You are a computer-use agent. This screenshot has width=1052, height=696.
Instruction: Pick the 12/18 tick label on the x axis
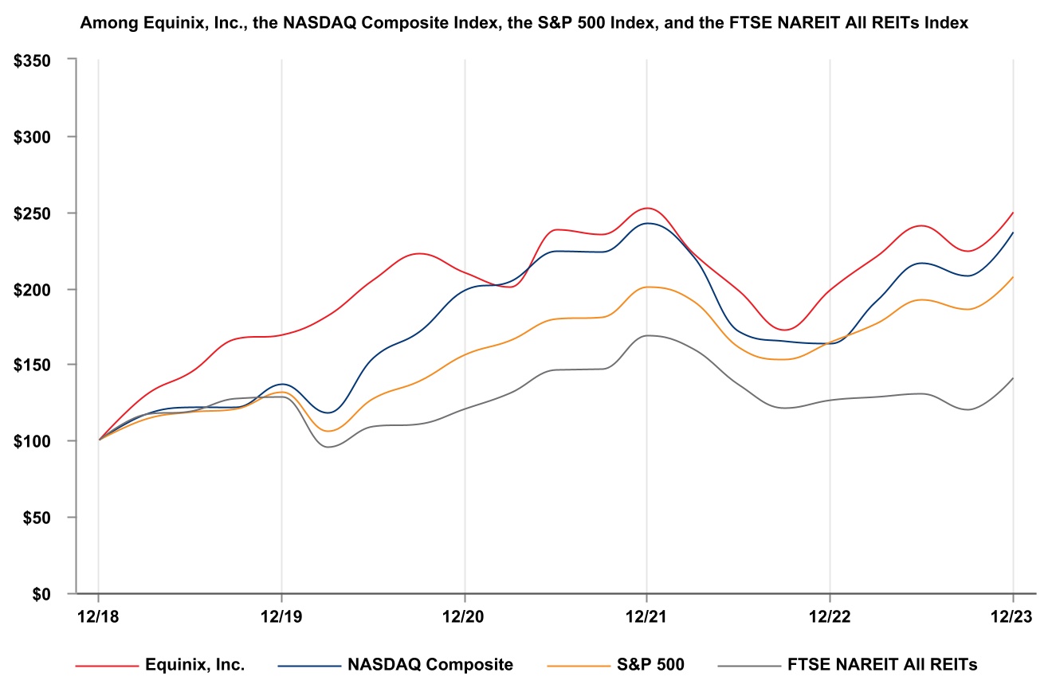tap(98, 618)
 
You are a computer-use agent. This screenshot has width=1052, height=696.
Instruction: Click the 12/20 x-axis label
tap(464, 618)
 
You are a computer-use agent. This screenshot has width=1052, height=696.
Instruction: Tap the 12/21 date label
tap(646, 618)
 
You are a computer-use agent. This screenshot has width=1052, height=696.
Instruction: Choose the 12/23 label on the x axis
tap(1012, 618)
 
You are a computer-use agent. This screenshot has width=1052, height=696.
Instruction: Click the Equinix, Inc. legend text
tap(195, 665)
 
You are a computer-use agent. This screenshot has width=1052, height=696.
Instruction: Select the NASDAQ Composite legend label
tap(430, 665)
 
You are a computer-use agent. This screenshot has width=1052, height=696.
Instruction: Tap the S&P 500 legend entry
tap(650, 665)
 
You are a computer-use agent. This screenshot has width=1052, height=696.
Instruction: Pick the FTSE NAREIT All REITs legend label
tap(882, 665)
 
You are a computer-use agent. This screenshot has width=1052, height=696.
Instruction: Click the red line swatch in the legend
tap(106, 665)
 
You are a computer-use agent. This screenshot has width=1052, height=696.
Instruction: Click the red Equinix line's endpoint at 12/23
tap(1012, 213)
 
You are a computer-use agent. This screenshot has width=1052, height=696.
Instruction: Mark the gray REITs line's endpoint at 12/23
tap(1012, 379)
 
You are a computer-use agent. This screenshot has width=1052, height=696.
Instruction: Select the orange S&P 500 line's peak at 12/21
tap(646, 287)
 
